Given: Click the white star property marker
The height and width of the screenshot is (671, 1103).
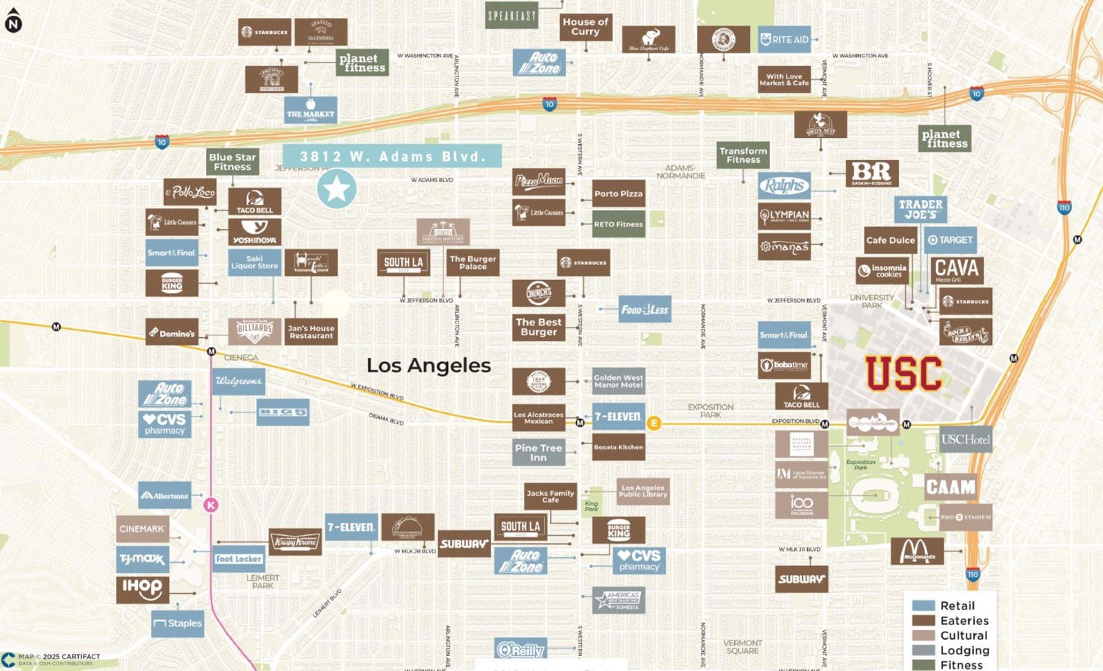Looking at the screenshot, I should click(336, 189).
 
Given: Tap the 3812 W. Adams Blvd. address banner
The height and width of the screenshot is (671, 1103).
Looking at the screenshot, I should click(392, 157).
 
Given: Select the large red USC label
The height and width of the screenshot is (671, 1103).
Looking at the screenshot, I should click(903, 373).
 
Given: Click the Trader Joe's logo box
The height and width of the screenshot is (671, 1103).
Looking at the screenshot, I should click(920, 209).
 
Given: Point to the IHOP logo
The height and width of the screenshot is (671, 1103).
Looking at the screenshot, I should click(142, 589).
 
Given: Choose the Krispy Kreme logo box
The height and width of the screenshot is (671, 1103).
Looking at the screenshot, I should click(295, 542).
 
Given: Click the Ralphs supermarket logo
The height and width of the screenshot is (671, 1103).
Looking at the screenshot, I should click(784, 186).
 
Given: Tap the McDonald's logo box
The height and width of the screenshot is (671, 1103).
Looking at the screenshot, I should click(918, 551).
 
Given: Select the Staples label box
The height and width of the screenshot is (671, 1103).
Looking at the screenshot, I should click(178, 623).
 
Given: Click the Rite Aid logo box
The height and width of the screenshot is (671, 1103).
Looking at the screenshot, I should click(784, 40).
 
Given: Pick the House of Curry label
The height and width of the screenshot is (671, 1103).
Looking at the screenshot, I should click(585, 27).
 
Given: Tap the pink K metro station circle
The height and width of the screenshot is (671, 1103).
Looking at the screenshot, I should click(211, 505).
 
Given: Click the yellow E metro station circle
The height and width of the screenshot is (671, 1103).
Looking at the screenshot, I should click(654, 423).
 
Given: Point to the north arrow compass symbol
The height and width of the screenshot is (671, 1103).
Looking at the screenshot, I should click(13, 21).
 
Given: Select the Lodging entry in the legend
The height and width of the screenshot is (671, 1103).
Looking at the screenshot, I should click(964, 650).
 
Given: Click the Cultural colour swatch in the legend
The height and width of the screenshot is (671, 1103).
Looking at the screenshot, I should click(923, 635).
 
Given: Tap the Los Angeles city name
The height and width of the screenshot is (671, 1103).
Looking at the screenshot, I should click(428, 365).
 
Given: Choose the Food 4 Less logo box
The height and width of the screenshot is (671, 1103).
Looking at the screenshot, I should click(645, 310).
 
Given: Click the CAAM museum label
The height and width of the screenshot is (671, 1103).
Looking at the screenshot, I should click(951, 488).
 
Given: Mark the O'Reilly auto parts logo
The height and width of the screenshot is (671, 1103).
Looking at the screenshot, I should click(520, 650).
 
